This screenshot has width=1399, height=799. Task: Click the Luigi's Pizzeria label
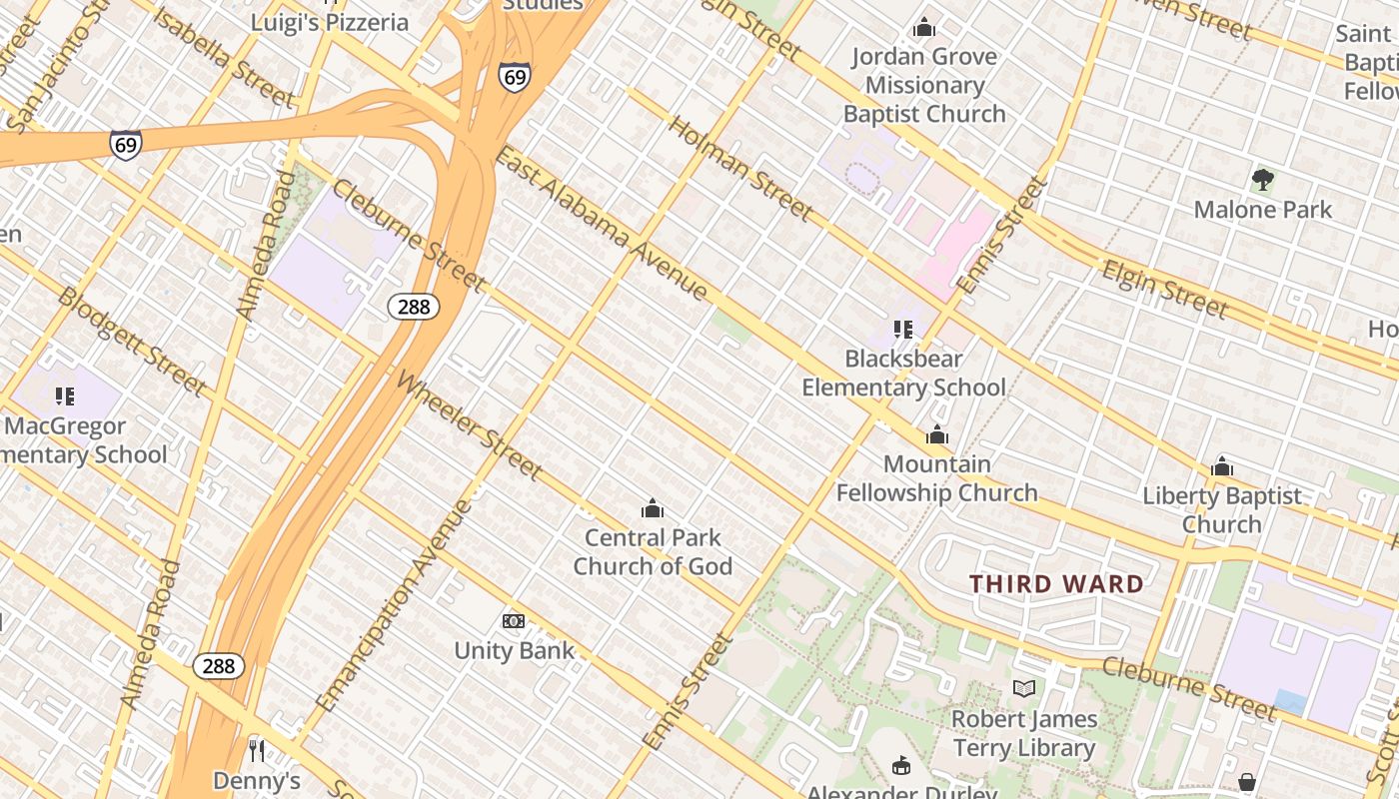330,22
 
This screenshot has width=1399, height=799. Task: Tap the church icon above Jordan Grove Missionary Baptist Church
924,27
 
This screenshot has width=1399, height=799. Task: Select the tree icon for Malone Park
1263,180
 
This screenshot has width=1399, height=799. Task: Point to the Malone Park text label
1263,210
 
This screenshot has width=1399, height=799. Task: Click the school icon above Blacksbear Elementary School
903,329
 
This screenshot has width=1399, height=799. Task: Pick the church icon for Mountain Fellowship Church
936,434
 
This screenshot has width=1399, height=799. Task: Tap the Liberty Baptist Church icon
1221,466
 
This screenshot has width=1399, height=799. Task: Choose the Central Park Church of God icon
653,509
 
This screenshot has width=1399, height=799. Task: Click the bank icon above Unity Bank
514,621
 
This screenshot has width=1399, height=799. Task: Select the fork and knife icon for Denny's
257,750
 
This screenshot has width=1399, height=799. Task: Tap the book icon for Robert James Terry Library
1023,688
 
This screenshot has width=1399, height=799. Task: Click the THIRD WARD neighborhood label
1057,584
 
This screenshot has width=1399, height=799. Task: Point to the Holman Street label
739,168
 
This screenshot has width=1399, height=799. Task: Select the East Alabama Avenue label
602,224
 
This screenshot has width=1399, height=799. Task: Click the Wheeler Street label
470,424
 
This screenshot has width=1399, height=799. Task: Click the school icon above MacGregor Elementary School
65,397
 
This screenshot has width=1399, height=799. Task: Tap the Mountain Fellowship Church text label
936,478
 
